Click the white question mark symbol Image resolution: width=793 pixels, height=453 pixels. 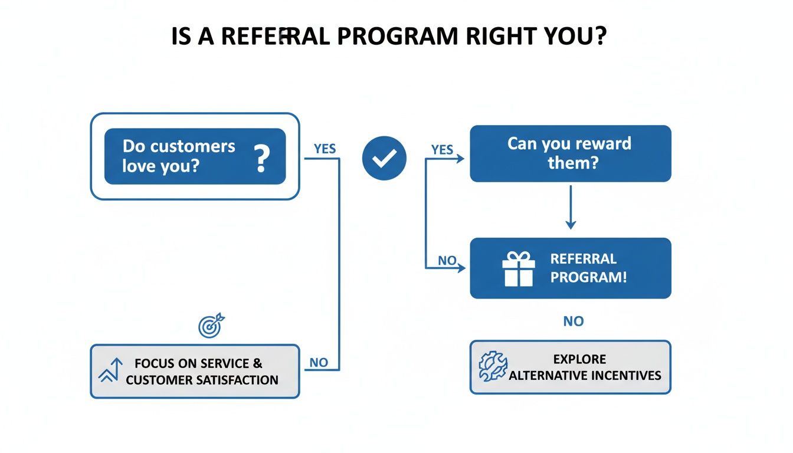click(260, 158)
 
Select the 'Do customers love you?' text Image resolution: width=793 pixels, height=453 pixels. click(178, 156)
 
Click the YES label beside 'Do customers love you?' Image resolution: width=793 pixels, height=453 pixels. click(325, 149)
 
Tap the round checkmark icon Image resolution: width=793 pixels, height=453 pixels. click(384, 158)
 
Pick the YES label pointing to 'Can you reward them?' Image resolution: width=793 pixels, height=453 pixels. click(442, 150)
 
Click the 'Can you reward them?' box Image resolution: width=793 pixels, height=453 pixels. click(570, 153)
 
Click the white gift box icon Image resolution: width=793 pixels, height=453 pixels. click(518, 268)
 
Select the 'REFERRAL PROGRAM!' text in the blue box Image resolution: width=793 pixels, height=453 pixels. click(588, 268)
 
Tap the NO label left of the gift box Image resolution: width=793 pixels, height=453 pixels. click(447, 260)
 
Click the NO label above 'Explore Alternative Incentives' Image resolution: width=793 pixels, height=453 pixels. click(572, 321)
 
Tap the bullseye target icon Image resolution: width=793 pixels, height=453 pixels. click(211, 326)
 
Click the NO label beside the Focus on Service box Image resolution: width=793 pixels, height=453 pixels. click(319, 363)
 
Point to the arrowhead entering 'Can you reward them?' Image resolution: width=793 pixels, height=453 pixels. click(461, 158)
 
